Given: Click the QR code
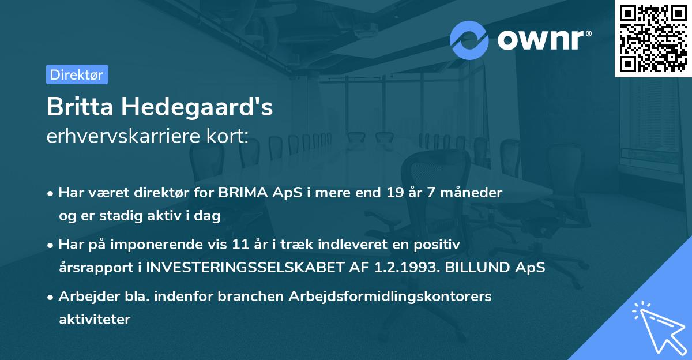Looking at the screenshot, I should [x=653, y=38].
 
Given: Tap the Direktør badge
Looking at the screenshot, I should [x=77, y=74].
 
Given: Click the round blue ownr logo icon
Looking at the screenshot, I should [x=469, y=40].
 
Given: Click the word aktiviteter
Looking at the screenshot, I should [x=95, y=319].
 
